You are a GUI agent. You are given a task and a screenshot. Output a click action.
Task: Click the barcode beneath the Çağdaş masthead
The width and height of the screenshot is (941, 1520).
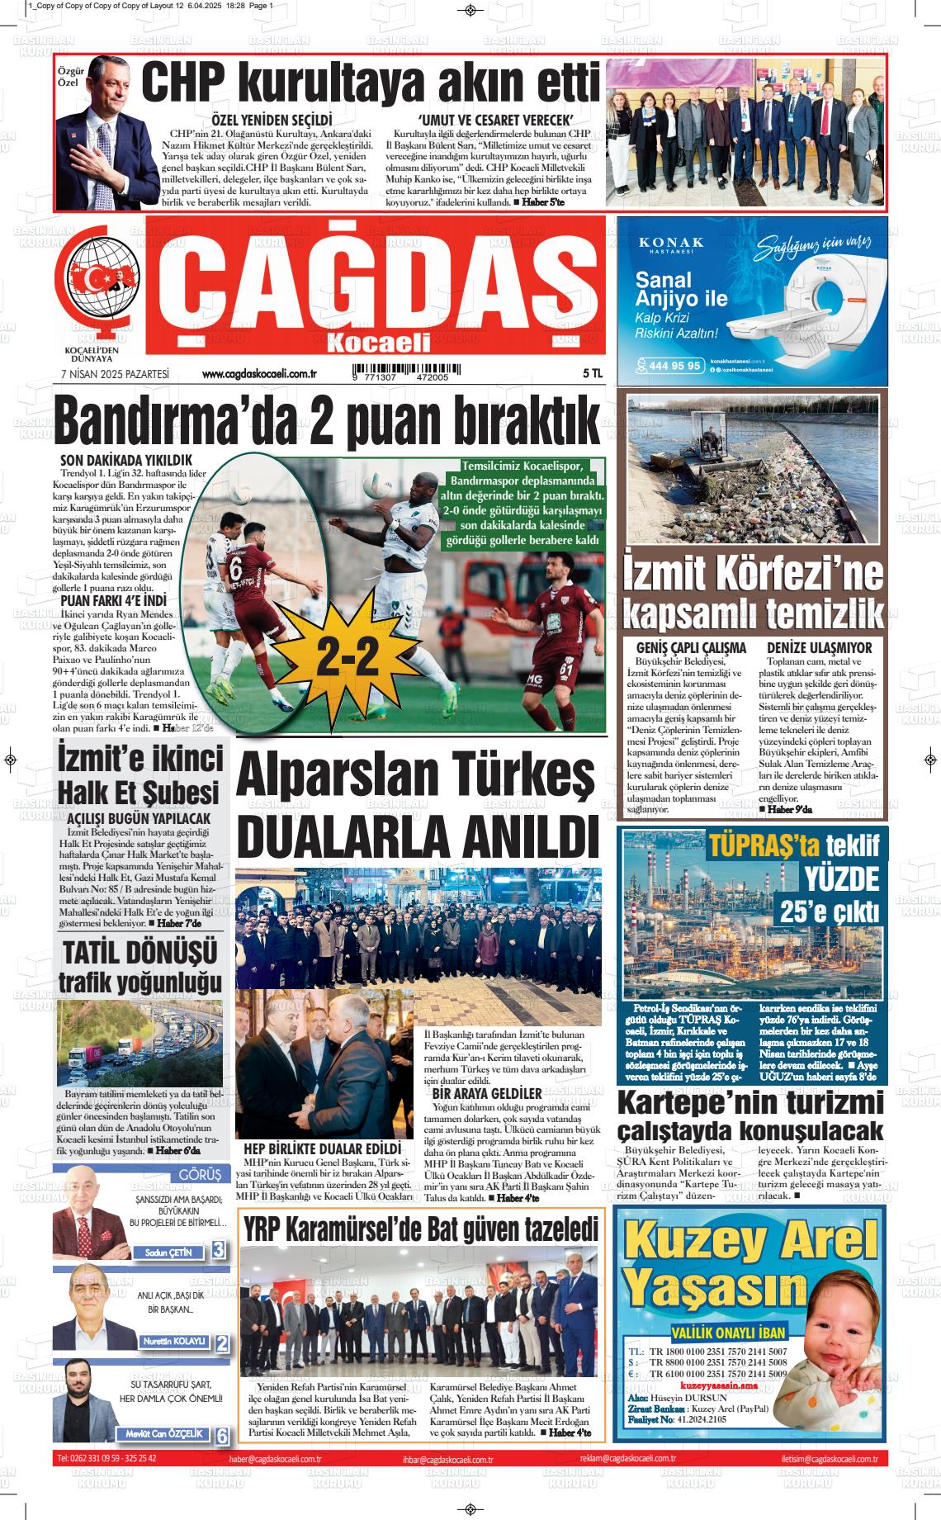click(x=400, y=372)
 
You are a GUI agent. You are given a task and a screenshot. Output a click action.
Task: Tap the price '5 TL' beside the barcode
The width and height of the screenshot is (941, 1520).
click(x=592, y=373)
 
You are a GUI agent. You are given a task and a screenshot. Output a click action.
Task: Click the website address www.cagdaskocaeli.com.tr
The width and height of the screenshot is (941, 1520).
click(x=260, y=374)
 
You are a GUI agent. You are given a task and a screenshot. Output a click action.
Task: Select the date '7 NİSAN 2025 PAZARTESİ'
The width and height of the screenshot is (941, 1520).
click(x=115, y=374)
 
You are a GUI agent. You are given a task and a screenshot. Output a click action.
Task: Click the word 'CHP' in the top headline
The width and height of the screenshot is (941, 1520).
click(x=183, y=83)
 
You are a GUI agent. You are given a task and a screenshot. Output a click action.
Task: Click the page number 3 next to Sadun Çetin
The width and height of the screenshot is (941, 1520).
click(x=219, y=1250)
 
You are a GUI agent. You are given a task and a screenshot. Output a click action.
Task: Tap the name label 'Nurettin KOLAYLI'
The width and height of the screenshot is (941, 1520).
click(x=174, y=1341)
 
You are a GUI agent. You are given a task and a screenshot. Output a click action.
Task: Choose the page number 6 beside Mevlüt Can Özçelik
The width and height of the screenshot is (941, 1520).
click(x=221, y=1436)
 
